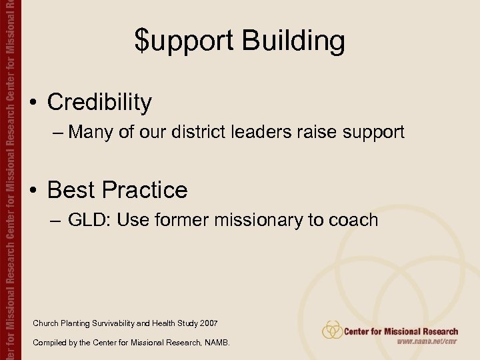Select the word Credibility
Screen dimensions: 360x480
click(99, 102)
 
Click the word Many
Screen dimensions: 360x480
click(91, 132)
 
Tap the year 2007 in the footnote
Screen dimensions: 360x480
click(207, 323)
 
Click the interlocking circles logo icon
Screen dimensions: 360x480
click(332, 330)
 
